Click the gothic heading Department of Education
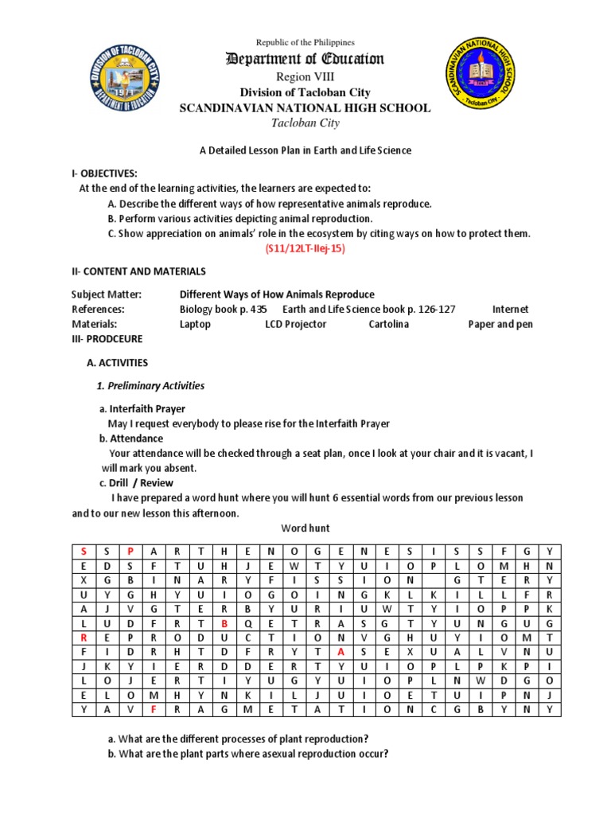click(x=305, y=59)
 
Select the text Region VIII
click(x=305, y=76)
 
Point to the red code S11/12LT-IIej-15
click(x=305, y=248)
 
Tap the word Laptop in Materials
click(x=195, y=324)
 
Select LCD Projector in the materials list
click(x=295, y=324)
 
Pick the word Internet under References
click(x=510, y=309)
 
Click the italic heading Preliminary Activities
click(x=150, y=386)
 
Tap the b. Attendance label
click(x=131, y=439)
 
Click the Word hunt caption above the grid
click(x=305, y=528)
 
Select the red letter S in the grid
click(x=84, y=551)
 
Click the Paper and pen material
click(x=500, y=324)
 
